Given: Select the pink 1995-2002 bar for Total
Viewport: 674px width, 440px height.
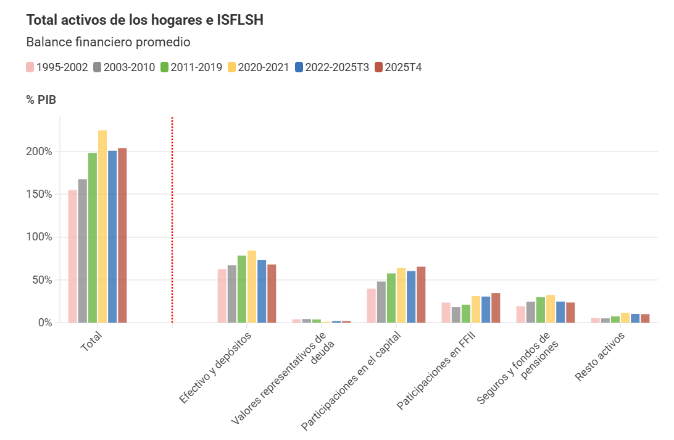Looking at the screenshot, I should click(x=72, y=256).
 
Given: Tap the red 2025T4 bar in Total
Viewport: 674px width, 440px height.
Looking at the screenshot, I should click(x=122, y=235).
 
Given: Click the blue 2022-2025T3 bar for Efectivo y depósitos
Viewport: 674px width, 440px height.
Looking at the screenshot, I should click(x=262, y=291).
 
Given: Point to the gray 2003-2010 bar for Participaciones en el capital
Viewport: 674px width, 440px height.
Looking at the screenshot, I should click(x=381, y=302).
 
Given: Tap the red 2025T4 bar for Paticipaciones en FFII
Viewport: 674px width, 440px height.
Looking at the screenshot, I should click(x=496, y=308).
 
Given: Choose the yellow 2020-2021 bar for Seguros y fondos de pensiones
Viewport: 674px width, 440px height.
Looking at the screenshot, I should click(x=551, y=308).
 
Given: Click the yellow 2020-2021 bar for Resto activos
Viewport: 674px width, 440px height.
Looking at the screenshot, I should click(x=625, y=318).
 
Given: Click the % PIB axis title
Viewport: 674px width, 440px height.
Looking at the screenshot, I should click(x=41, y=100).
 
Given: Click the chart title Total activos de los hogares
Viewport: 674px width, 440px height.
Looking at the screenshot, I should click(x=145, y=20).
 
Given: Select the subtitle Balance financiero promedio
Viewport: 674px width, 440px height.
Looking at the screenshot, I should click(x=108, y=43).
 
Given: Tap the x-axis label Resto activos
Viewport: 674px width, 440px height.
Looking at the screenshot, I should click(x=600, y=357).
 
